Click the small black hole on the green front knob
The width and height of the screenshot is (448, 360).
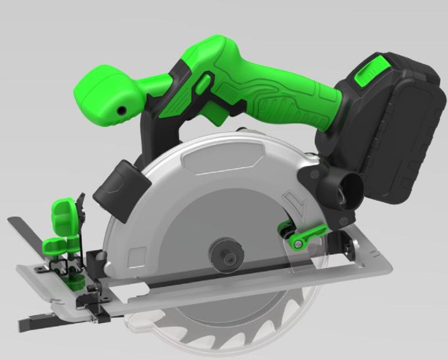point(122,110)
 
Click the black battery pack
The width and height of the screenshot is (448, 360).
point(393,127)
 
